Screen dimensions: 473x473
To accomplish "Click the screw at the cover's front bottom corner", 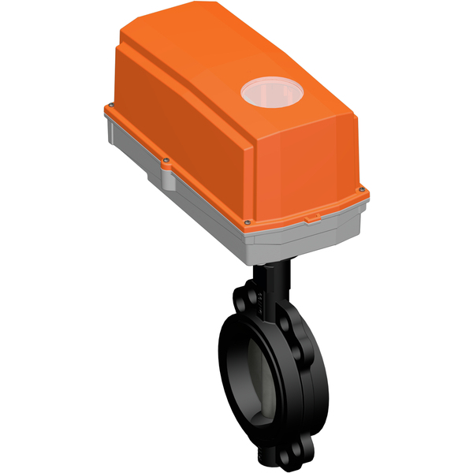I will click(247, 222).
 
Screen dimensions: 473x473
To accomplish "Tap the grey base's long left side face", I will click(173, 197).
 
